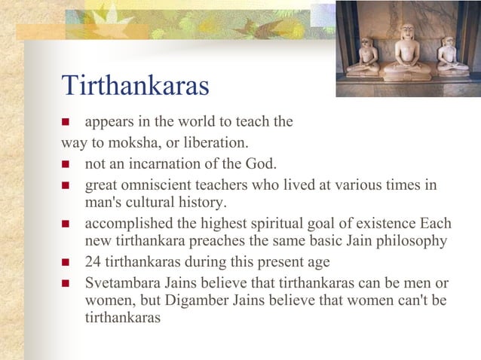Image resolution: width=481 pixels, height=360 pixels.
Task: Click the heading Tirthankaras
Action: pyautogui.click(x=135, y=86)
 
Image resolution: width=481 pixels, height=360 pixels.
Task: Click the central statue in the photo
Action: pyautogui.click(x=408, y=53)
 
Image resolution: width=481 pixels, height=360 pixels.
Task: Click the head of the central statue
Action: pyautogui.click(x=408, y=32)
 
